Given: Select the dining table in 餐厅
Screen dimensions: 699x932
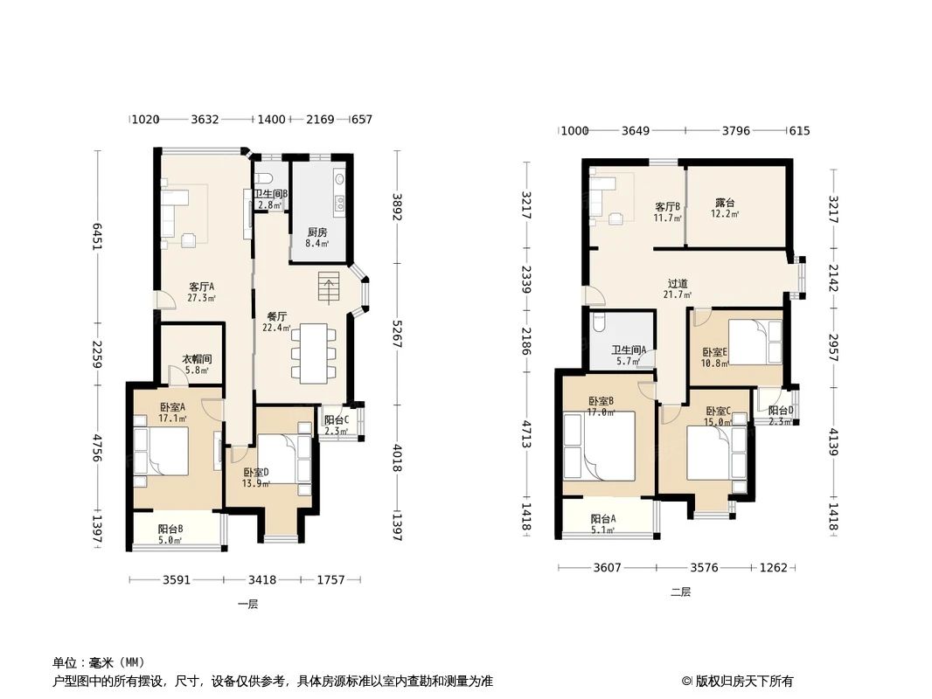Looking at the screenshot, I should click(311, 353).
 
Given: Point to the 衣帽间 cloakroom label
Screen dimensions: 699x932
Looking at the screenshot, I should click(196, 358).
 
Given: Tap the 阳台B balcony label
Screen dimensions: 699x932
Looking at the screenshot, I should click(170, 529).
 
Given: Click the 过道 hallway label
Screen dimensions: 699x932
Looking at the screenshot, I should click(678, 283).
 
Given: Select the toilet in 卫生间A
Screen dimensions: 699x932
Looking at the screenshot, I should click(599, 322).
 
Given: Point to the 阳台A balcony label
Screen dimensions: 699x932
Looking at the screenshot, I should click(602, 518).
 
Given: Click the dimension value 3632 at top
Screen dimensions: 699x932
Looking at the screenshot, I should click(205, 120).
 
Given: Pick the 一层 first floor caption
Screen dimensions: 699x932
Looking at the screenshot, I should click(247, 604).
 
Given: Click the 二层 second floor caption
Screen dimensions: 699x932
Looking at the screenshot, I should click(680, 592).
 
